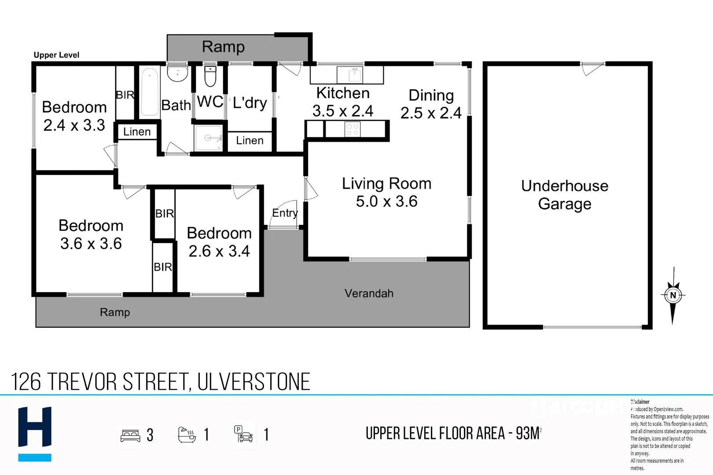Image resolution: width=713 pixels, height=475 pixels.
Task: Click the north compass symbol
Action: point(673,296)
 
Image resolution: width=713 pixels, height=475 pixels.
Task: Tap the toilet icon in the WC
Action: point(210,77)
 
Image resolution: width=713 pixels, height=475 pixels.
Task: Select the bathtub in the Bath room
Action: point(150,92)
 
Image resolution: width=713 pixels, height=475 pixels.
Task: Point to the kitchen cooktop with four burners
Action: point(353,129)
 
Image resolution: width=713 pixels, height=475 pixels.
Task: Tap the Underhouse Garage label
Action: point(565,195)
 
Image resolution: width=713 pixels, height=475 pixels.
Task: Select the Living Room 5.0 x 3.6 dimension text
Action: point(386,201)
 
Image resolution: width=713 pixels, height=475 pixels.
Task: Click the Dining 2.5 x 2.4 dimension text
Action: point(431,113)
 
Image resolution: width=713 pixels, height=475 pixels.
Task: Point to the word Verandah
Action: point(369,293)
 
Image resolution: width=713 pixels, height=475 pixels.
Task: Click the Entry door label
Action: point(285,213)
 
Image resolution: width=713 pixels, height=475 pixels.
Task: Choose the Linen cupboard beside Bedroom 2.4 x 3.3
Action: point(137,132)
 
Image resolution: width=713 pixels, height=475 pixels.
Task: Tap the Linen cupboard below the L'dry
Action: point(250,141)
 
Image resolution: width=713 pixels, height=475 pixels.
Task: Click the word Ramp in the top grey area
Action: point(223,47)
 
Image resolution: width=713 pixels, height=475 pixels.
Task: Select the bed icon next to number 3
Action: point(130,435)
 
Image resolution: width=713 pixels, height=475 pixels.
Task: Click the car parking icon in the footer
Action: point(243,434)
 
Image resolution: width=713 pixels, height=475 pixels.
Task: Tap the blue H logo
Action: point(35,433)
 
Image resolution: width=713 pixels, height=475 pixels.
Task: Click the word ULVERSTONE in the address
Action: point(254,382)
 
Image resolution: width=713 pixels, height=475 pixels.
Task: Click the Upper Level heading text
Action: point(56,55)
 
